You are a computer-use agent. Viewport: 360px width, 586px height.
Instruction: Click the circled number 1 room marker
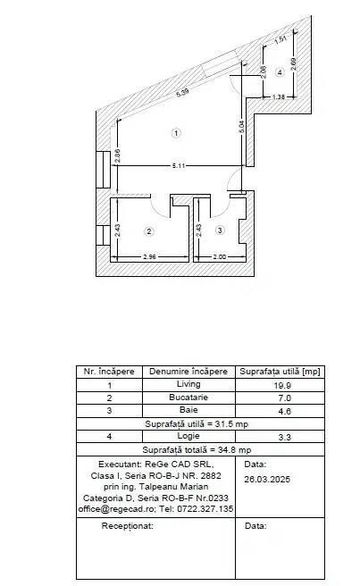(176, 133)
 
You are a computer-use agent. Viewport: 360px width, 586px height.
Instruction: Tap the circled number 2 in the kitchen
(149, 231)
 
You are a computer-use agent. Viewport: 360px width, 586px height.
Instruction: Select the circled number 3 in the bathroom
(220, 230)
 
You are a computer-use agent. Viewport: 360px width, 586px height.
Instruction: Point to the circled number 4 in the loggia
(280, 72)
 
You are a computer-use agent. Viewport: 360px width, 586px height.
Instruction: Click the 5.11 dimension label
(179, 165)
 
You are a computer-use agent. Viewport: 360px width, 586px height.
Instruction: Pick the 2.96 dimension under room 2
(149, 256)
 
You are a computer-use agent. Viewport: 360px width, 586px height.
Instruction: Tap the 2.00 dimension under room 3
(220, 256)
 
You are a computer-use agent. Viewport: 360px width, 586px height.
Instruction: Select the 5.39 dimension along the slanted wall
(182, 93)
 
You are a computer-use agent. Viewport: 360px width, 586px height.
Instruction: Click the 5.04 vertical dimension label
(241, 127)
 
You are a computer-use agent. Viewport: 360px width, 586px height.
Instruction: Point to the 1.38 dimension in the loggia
(279, 96)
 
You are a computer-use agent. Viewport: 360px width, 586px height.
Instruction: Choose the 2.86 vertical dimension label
(117, 155)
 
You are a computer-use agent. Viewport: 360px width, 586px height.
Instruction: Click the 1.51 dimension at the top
(280, 39)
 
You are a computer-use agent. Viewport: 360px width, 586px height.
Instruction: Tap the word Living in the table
(188, 384)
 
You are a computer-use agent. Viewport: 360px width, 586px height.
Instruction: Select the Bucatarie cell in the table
(188, 397)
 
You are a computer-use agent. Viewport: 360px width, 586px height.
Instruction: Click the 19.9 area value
(282, 385)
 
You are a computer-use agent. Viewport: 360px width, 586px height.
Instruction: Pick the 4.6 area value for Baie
(284, 411)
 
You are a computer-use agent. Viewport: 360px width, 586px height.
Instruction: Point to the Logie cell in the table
(188, 436)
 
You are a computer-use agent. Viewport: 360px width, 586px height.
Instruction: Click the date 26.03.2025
(267, 480)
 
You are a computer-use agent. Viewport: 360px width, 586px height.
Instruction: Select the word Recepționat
(127, 526)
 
